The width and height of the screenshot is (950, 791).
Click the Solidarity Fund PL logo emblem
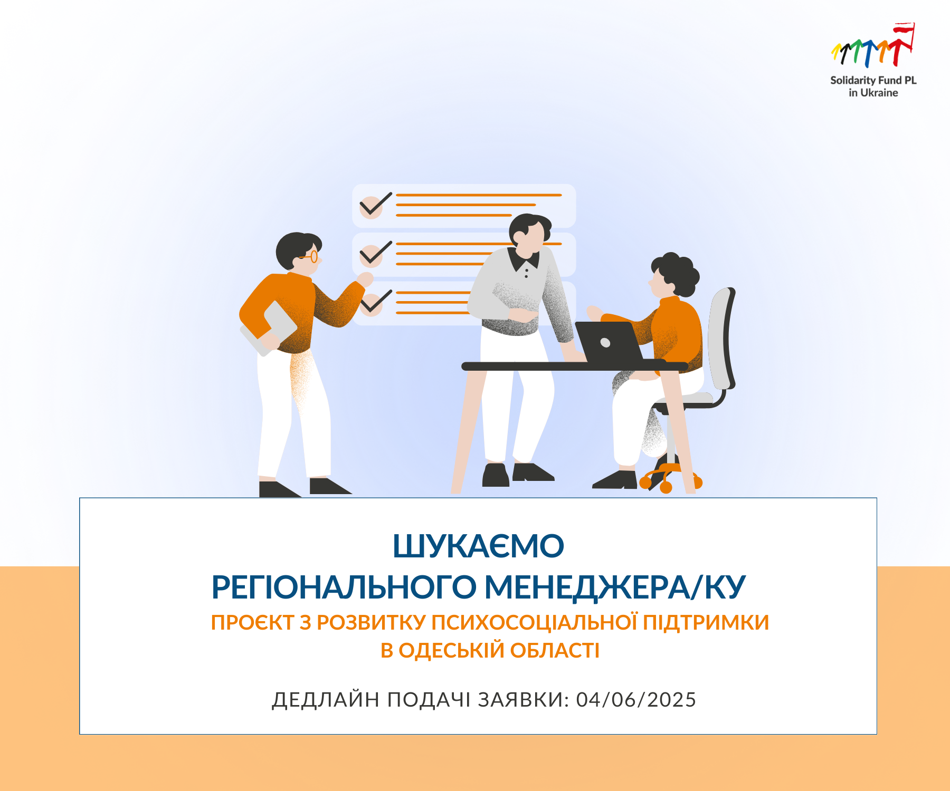pos(873,46)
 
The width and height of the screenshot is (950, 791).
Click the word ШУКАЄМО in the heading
pos(478,546)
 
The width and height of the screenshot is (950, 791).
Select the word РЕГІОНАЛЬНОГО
pos(344,587)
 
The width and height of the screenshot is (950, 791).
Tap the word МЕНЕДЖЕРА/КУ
pos(615,587)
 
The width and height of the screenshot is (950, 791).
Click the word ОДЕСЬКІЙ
pos(452,650)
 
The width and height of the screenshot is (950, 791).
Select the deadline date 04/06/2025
pos(636,700)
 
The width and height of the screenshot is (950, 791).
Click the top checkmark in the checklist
pos(375,206)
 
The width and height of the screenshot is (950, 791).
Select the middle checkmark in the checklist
pos(375,254)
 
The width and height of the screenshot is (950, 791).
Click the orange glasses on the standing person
pos(310,257)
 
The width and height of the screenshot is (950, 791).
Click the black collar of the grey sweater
pos(523,258)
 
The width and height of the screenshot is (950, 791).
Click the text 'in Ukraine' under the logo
pos(873,93)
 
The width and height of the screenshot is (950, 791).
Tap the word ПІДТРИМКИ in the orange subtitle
pos(706,622)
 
